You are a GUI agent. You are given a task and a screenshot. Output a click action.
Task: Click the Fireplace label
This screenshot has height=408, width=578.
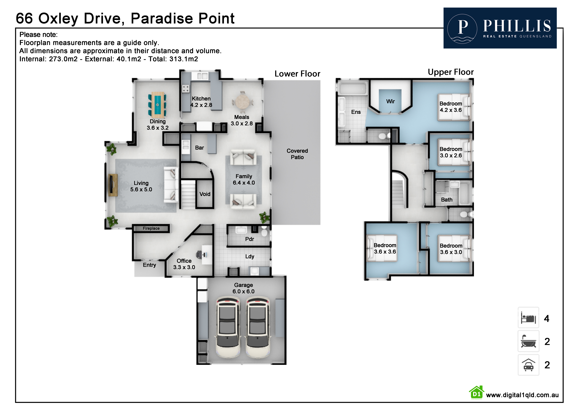coord(151,228)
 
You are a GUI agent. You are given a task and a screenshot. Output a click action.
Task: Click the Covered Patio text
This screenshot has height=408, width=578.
coord(297,154)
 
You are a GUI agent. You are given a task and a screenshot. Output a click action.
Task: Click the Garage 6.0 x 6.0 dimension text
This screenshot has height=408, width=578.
coord(243,288)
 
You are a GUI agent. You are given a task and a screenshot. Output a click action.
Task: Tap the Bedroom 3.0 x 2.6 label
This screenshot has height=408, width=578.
coord(451,152)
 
